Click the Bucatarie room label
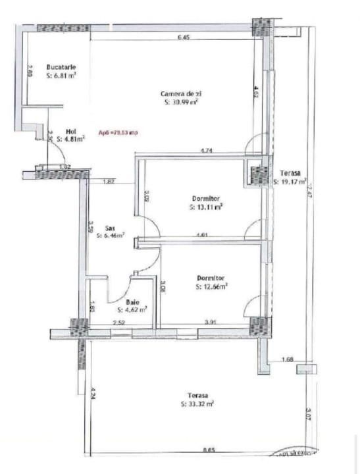pos(61,67)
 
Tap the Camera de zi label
pos(180,93)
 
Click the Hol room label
pos(71,131)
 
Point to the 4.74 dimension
pos(206,151)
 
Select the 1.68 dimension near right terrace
pos(286,359)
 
